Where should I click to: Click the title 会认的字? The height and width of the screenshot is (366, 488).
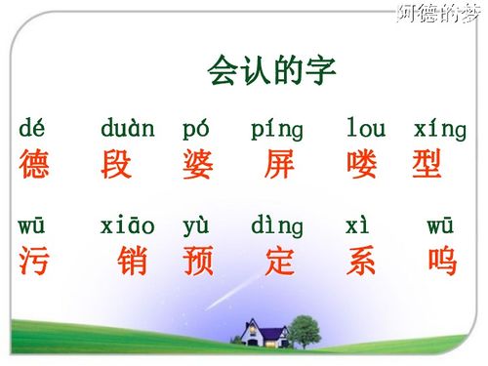pyautogui.click(x=272, y=70)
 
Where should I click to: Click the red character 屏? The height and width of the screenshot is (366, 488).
pyautogui.click(x=279, y=164)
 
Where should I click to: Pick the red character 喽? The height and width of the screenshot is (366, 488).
pyautogui.click(x=362, y=164)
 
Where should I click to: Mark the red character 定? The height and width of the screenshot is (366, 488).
pyautogui.click(x=279, y=261)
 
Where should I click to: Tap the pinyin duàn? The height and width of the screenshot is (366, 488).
pyautogui.click(x=127, y=128)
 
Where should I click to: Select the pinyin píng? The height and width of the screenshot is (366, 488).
pyautogui.click(x=277, y=130)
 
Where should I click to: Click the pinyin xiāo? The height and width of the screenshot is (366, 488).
pyautogui.click(x=127, y=226)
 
